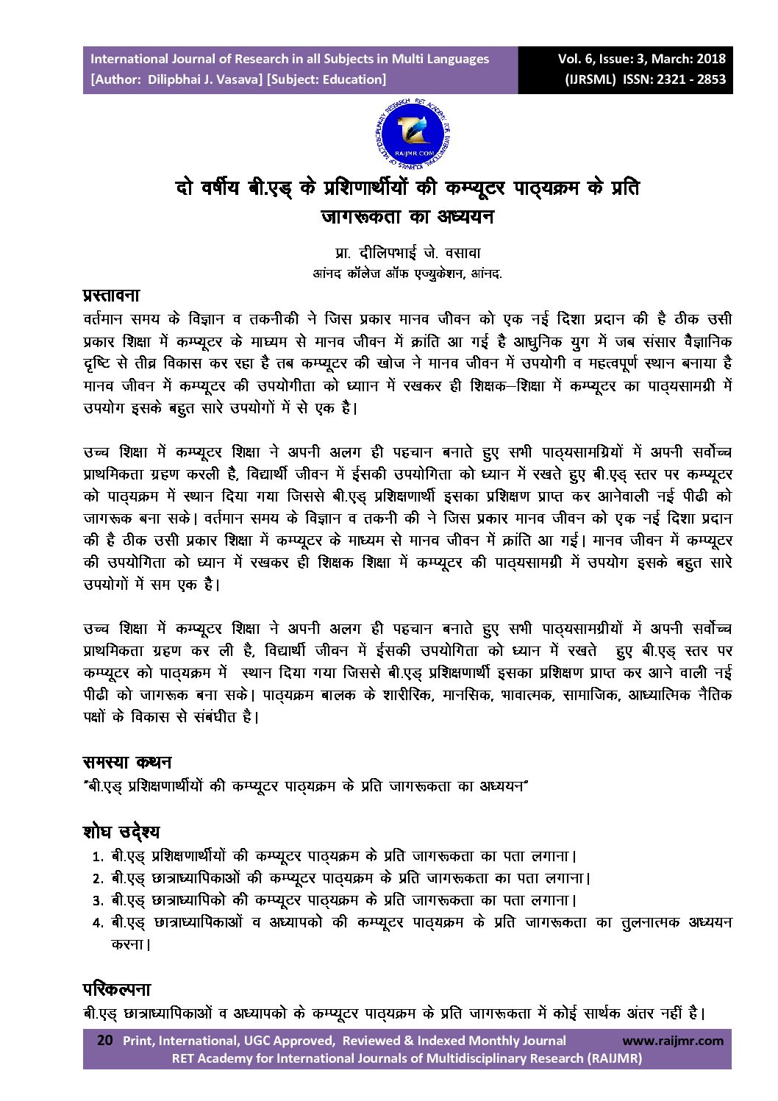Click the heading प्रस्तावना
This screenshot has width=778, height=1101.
coord(111,296)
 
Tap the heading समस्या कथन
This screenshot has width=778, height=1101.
coord(127,762)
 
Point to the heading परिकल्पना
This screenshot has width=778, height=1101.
coord(117,989)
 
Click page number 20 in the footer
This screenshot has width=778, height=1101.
coord(104,1040)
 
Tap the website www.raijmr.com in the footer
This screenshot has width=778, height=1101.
coord(672,1040)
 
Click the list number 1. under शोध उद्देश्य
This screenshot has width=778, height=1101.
coord(97,857)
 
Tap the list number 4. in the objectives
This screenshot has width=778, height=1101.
coord(97,923)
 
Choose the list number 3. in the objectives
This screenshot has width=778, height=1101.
coord(97,901)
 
